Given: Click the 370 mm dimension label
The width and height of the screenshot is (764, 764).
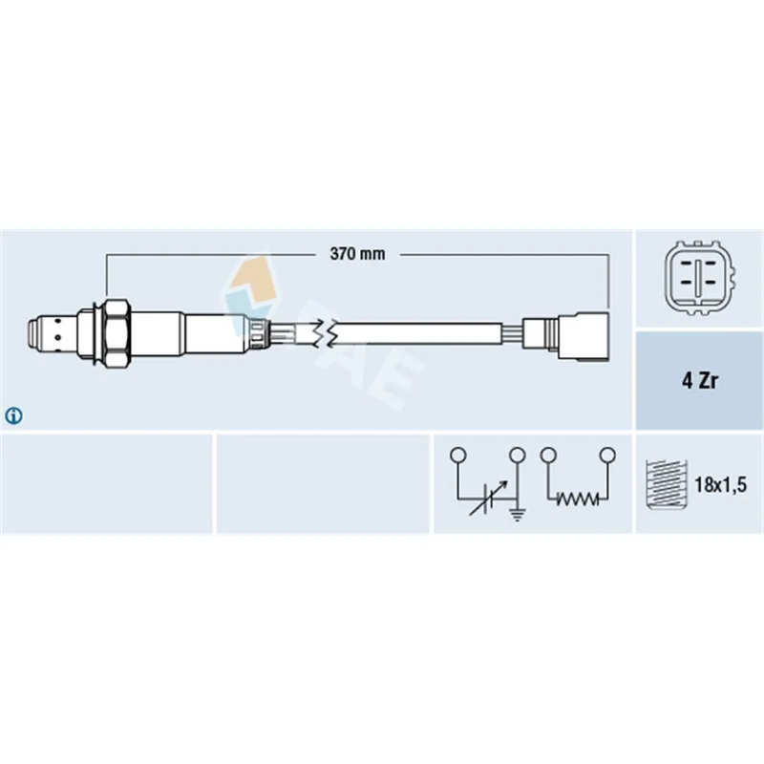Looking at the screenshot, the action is point(357,254).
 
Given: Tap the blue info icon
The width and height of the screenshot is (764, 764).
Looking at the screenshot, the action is point(13,415).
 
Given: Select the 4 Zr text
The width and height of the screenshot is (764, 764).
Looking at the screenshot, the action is point(699,380).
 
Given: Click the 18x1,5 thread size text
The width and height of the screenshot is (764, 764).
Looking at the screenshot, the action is point(720,485).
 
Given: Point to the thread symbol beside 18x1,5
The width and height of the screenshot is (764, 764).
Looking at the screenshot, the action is point(666,484).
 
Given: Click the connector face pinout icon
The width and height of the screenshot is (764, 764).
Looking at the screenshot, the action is point(699,278).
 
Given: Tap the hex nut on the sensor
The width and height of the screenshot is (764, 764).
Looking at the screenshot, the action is point(117,333).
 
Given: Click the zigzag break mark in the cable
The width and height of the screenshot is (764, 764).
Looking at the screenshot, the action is point(325,334).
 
